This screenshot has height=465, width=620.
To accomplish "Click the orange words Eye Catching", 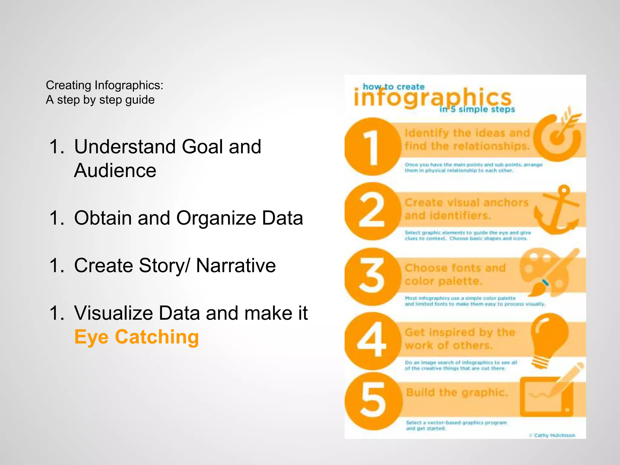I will pyautogui.click(x=137, y=337).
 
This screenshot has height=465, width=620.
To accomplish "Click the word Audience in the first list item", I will pyautogui.click(x=115, y=170).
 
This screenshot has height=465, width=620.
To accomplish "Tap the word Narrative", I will pyautogui.click(x=236, y=265).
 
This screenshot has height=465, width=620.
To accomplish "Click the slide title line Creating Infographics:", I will pyautogui.click(x=104, y=85).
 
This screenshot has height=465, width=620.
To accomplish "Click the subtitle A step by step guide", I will pyautogui.click(x=100, y=100).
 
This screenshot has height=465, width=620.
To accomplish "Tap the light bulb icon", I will pyautogui.click(x=549, y=340).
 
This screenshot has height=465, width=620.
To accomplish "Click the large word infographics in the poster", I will pyautogui.click(x=432, y=98).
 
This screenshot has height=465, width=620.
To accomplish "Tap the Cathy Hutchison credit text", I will pyautogui.click(x=554, y=435).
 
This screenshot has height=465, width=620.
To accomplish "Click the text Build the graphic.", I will pyautogui.click(x=457, y=392).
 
